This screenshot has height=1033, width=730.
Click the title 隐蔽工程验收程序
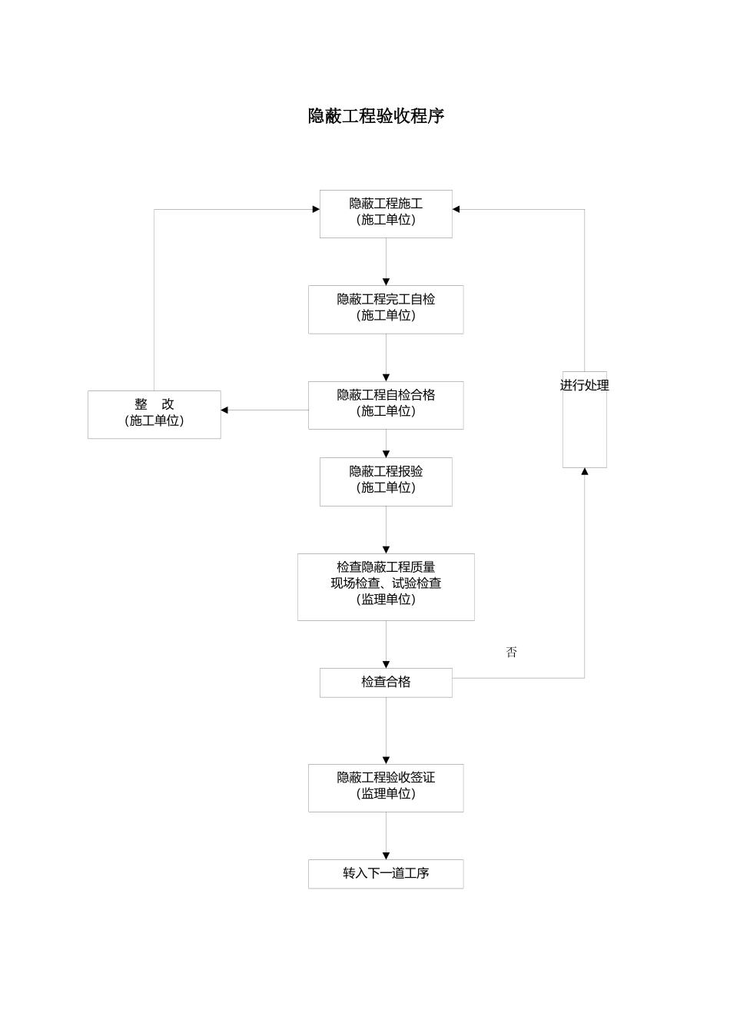click(376, 116)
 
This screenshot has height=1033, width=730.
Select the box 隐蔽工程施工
click(386, 213)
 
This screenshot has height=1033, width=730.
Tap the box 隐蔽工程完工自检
click(386, 309)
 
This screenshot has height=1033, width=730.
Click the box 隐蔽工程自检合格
click(386, 404)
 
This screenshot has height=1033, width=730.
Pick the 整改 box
click(154, 414)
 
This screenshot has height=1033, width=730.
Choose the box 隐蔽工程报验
click(386, 481)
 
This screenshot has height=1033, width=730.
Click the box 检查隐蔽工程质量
click(386, 586)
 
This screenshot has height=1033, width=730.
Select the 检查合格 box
click(386, 682)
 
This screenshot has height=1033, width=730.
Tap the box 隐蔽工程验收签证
click(386, 787)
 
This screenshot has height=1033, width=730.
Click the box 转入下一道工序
click(386, 873)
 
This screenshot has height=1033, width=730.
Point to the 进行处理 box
click(584, 419)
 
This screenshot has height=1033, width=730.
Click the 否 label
click(512, 652)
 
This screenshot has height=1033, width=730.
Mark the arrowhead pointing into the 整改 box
click(225, 410)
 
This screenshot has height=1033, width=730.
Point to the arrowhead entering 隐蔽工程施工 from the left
click(315, 209)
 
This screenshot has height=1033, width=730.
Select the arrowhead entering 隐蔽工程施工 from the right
click(456, 209)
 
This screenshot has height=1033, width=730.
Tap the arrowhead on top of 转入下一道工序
click(386, 855)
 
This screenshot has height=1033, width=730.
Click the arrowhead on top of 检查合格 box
click(386, 664)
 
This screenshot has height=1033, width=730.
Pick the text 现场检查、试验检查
click(386, 583)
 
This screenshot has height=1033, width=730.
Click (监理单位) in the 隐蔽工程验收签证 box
click(386, 794)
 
